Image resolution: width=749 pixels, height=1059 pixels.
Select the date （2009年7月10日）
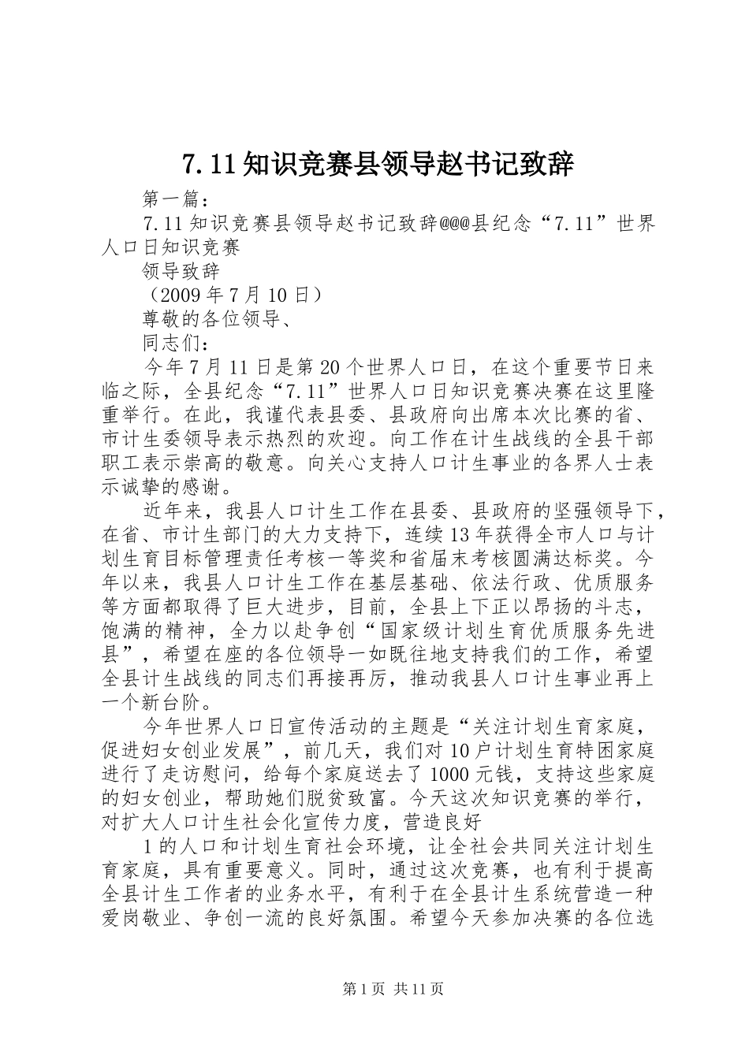pos(231,295)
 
